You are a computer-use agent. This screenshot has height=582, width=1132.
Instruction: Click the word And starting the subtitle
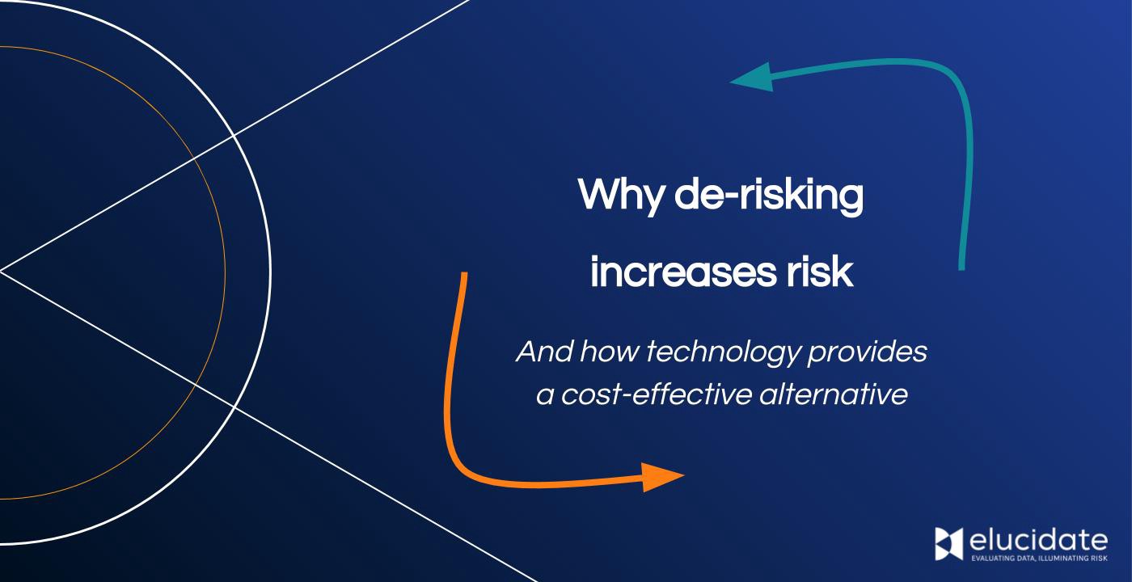click(x=544, y=352)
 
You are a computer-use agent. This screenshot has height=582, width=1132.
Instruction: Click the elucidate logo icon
click(x=949, y=543)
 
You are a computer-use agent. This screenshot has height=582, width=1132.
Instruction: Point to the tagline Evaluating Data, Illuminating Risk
click(x=1038, y=557)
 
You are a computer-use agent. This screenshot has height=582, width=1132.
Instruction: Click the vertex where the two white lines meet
click(x=2, y=271)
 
